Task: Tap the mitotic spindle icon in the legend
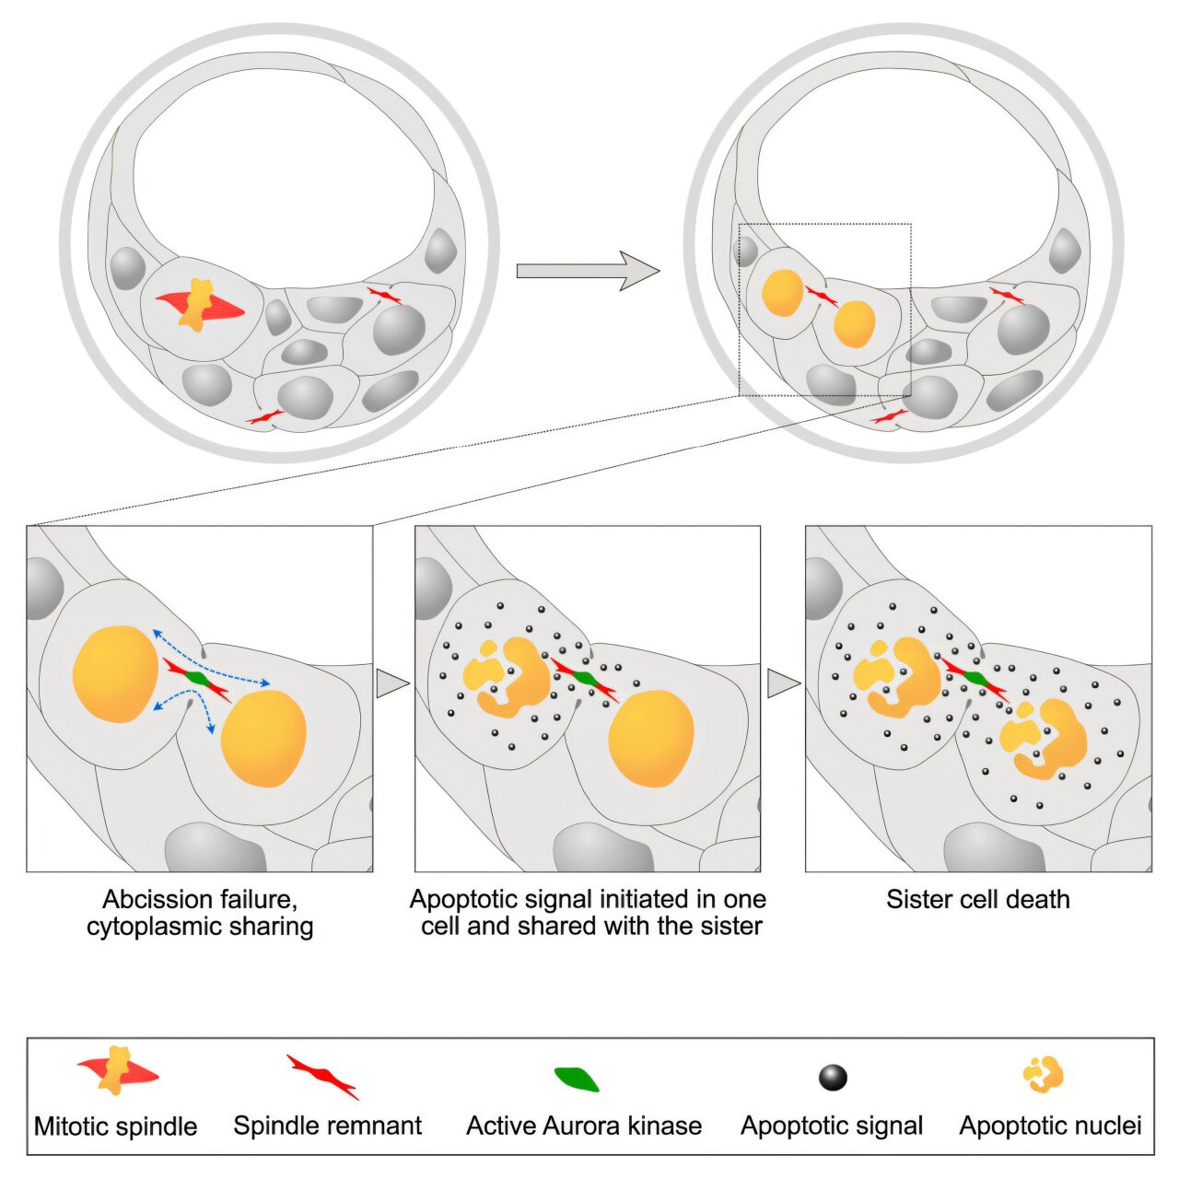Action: (x=118, y=1071)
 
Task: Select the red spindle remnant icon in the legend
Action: (x=322, y=1077)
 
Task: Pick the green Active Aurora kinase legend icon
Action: (x=577, y=1079)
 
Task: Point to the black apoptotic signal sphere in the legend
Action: (x=833, y=1077)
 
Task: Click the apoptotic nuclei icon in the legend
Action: (x=1044, y=1074)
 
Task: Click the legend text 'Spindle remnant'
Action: (x=327, y=1126)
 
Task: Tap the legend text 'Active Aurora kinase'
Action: (x=584, y=1126)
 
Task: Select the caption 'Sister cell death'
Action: (x=978, y=899)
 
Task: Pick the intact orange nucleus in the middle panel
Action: (x=651, y=739)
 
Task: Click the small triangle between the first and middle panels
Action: (x=391, y=683)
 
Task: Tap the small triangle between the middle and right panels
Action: (x=782, y=683)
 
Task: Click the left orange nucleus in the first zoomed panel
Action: (x=116, y=673)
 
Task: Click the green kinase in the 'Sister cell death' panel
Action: (x=975, y=679)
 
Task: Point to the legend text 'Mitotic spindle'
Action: (x=115, y=1126)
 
